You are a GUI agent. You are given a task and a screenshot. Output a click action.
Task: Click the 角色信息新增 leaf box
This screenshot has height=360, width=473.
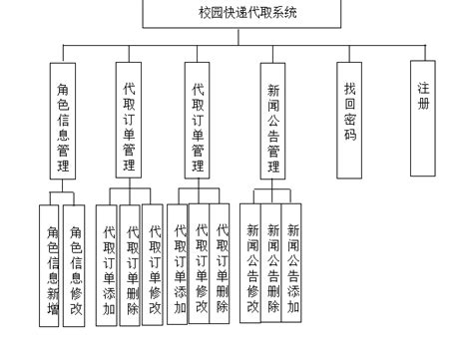[49, 264]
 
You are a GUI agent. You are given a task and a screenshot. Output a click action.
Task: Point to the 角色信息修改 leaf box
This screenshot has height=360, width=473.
[74, 264]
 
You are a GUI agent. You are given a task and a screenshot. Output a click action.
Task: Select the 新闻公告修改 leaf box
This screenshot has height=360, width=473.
[252, 264]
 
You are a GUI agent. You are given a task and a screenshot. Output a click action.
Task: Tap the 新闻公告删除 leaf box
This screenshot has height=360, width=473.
[272, 264]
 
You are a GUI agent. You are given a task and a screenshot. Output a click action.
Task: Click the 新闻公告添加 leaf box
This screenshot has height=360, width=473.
[292, 264]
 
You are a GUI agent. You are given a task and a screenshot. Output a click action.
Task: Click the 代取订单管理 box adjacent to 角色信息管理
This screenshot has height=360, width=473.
[129, 120]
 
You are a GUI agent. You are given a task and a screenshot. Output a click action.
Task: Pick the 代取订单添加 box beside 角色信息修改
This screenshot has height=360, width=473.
[108, 264]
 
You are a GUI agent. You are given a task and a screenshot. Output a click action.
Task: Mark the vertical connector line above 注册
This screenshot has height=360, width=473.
[425, 53]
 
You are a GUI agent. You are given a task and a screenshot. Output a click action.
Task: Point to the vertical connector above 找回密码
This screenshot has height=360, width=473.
[349, 53]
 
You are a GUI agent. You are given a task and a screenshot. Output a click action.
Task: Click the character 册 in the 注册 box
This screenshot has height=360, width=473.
[425, 104]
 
